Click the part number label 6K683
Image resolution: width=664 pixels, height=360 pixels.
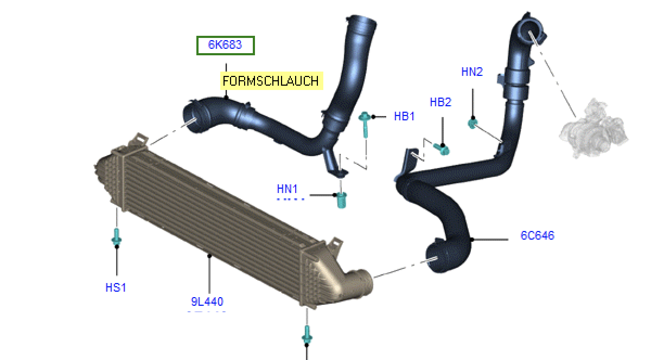coord(225,45)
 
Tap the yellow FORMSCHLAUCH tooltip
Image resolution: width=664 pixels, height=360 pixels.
coord(271,81)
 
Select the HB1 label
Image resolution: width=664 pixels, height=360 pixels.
coord(404,117)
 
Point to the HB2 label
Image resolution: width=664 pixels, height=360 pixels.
coord(440,102)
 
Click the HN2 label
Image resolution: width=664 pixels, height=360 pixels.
coord(472,72)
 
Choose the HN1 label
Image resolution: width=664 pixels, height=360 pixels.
coord(287,189)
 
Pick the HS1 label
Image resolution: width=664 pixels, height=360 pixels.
coord(116,287)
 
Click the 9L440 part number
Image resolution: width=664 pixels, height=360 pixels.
coord(207,301)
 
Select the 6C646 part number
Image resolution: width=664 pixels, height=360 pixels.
coord(538,235)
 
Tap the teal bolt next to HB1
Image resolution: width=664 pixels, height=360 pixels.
coord(365,125)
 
